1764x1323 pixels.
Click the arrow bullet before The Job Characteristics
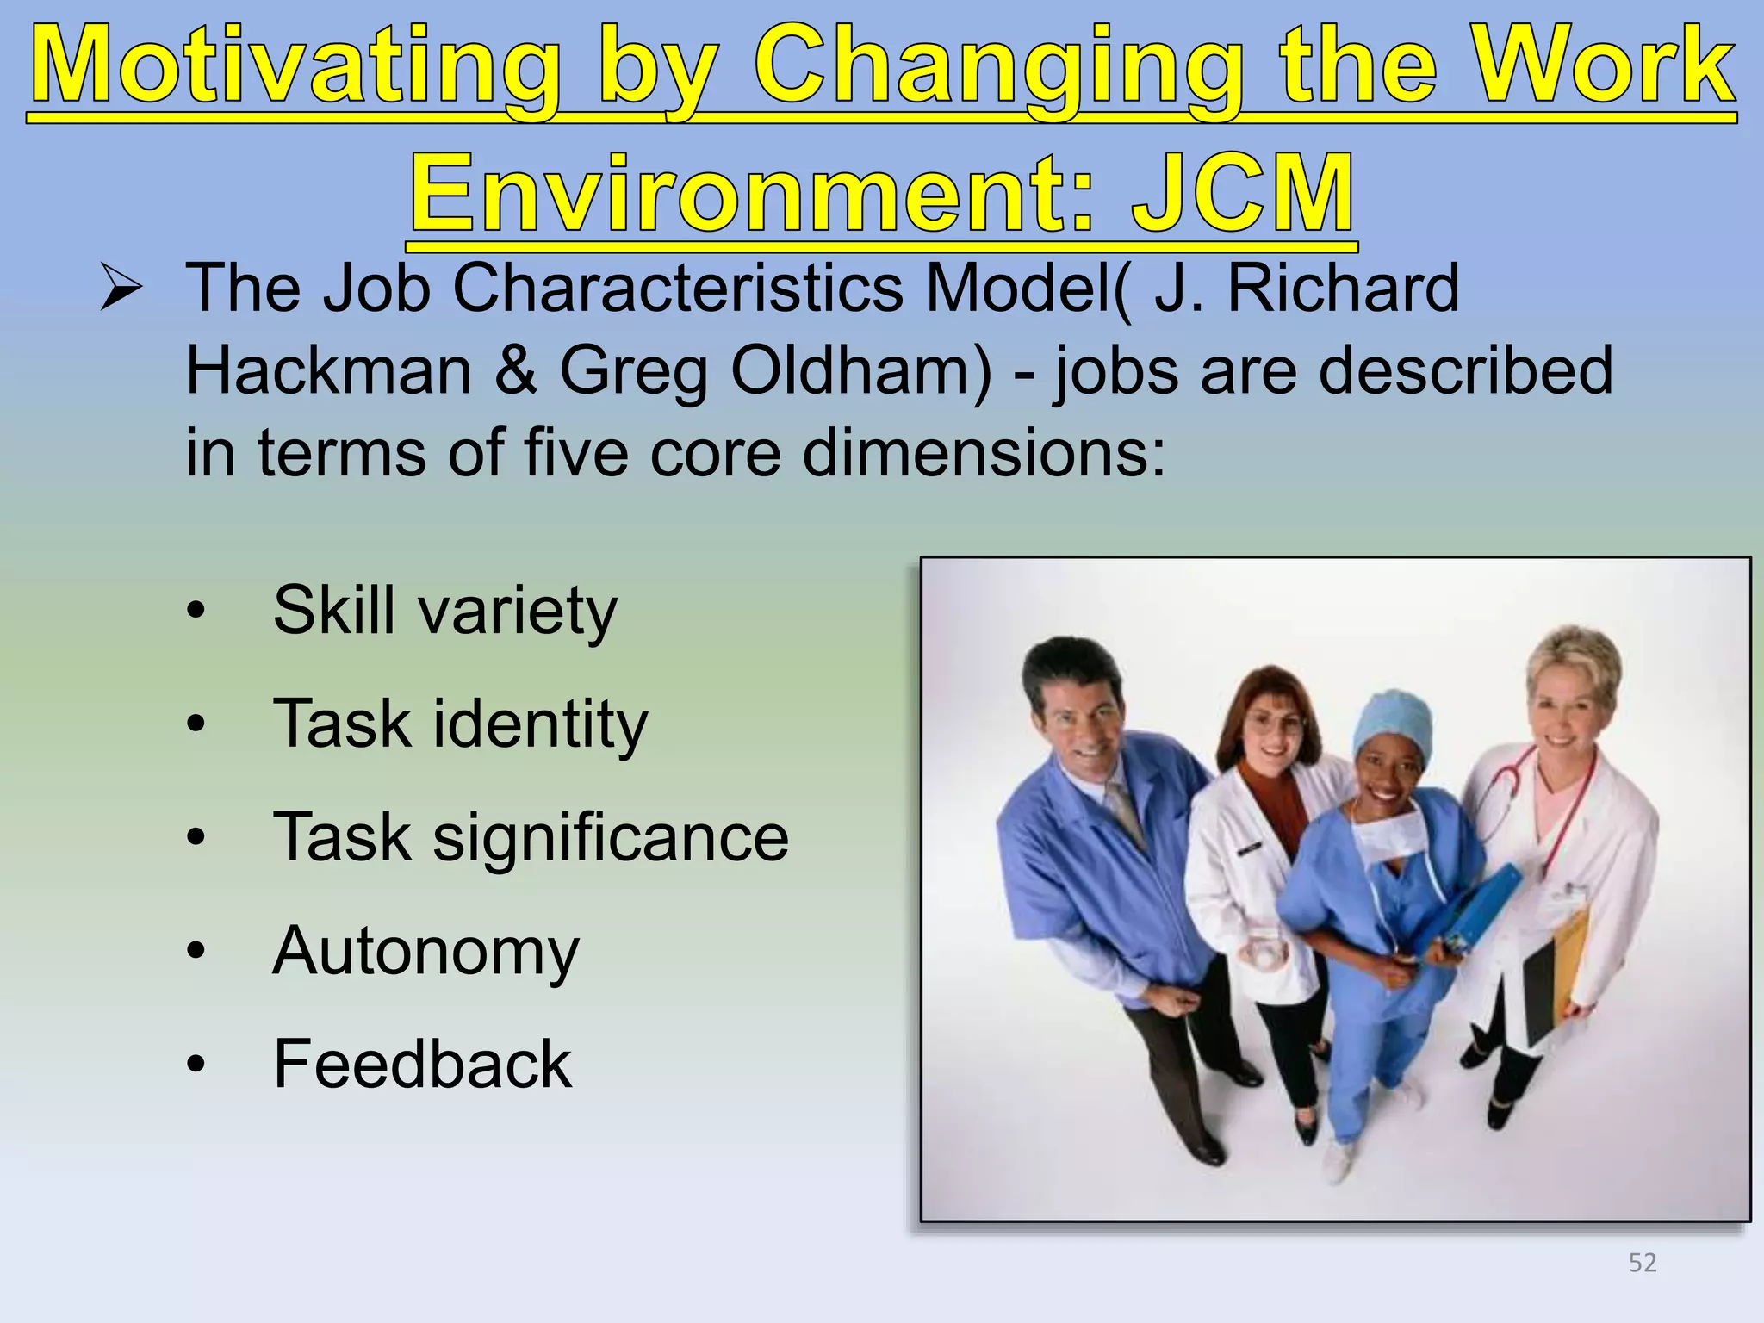[121, 289]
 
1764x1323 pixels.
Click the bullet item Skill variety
[444, 611]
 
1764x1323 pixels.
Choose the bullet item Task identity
[460, 724]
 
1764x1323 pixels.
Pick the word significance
[610, 838]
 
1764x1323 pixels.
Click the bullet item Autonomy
[425, 952]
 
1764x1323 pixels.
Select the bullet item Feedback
[422, 1065]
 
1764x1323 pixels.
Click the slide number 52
[1642, 1263]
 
